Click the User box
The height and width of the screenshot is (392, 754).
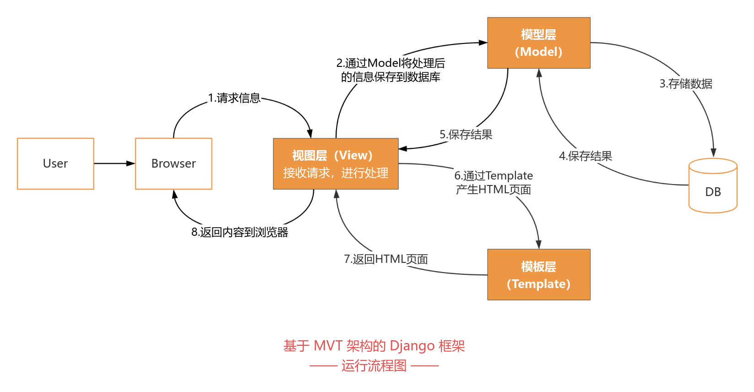(55, 163)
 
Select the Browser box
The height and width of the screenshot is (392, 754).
(174, 163)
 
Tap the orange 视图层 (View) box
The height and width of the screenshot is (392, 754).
(336, 163)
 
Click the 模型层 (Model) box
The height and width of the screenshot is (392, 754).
(538, 43)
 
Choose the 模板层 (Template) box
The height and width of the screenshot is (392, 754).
(538, 275)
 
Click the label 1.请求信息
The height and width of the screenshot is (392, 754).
(234, 98)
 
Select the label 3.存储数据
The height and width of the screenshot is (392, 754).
(686, 84)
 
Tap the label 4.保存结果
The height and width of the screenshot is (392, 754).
(585, 156)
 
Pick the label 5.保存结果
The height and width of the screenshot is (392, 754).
(466, 135)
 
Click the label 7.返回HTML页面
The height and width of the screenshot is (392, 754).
(385, 259)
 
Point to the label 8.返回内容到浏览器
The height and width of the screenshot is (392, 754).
(239, 232)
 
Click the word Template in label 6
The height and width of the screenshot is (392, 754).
(509, 176)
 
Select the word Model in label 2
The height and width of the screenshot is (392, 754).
(384, 63)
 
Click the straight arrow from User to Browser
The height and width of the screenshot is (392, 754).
(114, 163)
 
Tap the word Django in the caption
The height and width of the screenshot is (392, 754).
(412, 346)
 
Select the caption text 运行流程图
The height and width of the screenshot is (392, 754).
(374, 366)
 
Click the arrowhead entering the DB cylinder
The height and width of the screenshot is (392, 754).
(713, 153)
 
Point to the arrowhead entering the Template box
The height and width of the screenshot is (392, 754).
(539, 245)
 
